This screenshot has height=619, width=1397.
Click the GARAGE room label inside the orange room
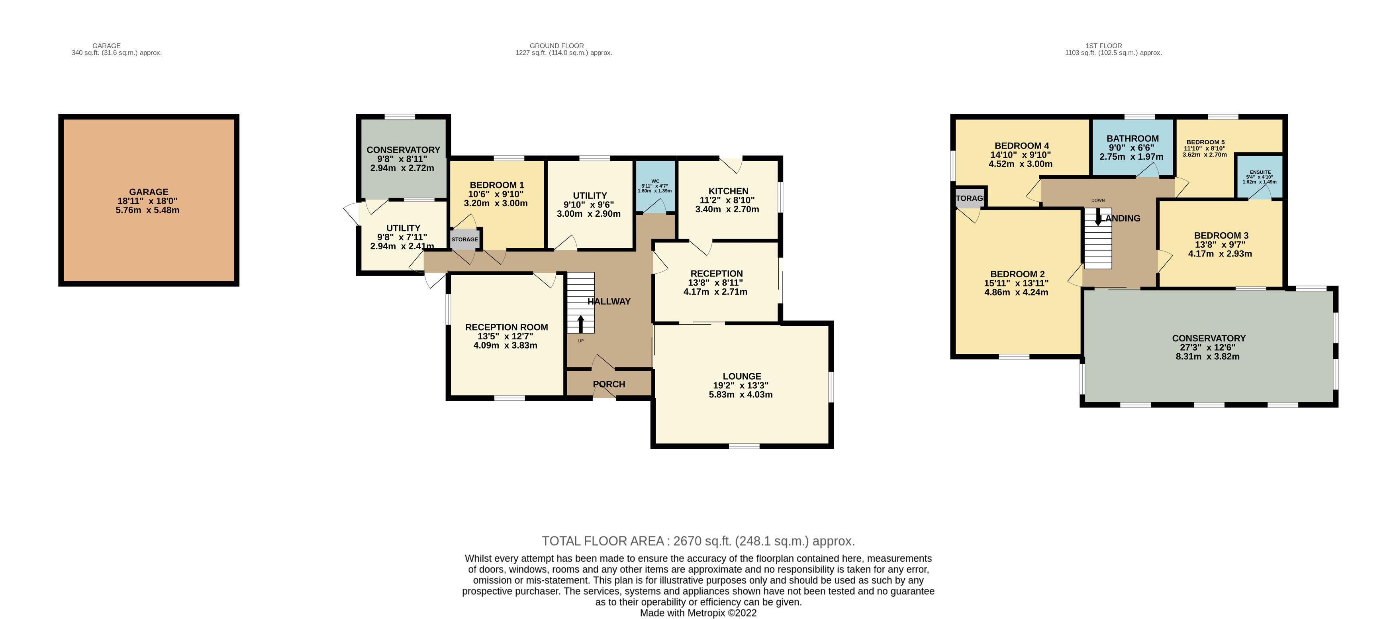point(149,192)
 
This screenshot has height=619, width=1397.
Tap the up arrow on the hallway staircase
point(581,324)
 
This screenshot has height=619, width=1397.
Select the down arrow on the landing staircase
point(1098,217)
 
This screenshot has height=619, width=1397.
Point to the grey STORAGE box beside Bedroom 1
point(465,239)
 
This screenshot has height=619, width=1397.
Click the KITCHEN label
point(728,191)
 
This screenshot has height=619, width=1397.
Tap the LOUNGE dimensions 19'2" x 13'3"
point(741,385)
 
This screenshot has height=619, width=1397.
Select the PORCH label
point(609,384)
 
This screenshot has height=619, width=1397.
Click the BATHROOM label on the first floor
point(1132,138)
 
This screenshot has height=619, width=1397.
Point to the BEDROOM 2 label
point(1017,274)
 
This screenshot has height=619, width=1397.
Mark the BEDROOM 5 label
point(1205,142)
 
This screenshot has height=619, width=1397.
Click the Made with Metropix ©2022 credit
point(699,613)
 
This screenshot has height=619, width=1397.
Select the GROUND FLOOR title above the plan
point(557,45)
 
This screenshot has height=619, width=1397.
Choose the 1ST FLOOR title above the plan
point(1103,45)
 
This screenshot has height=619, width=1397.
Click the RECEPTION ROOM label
point(507,327)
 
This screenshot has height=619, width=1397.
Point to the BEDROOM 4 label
point(1022,145)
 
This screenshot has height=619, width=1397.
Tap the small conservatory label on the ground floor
point(403,150)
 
